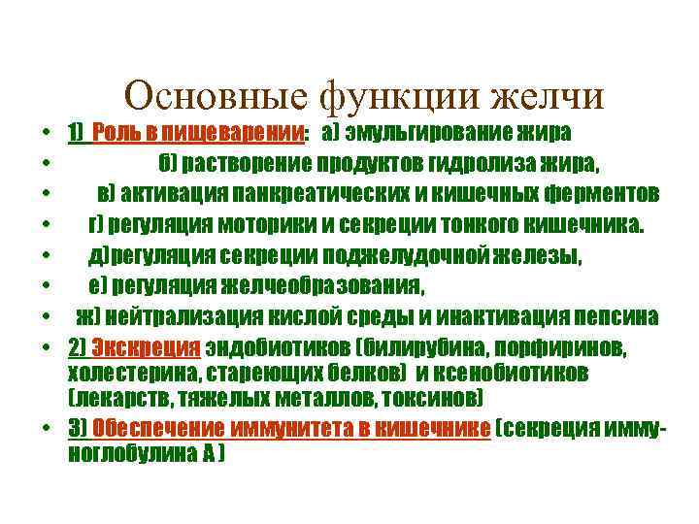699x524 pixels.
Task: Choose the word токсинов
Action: [443, 399]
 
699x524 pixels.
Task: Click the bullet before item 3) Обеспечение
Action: [48, 431]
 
